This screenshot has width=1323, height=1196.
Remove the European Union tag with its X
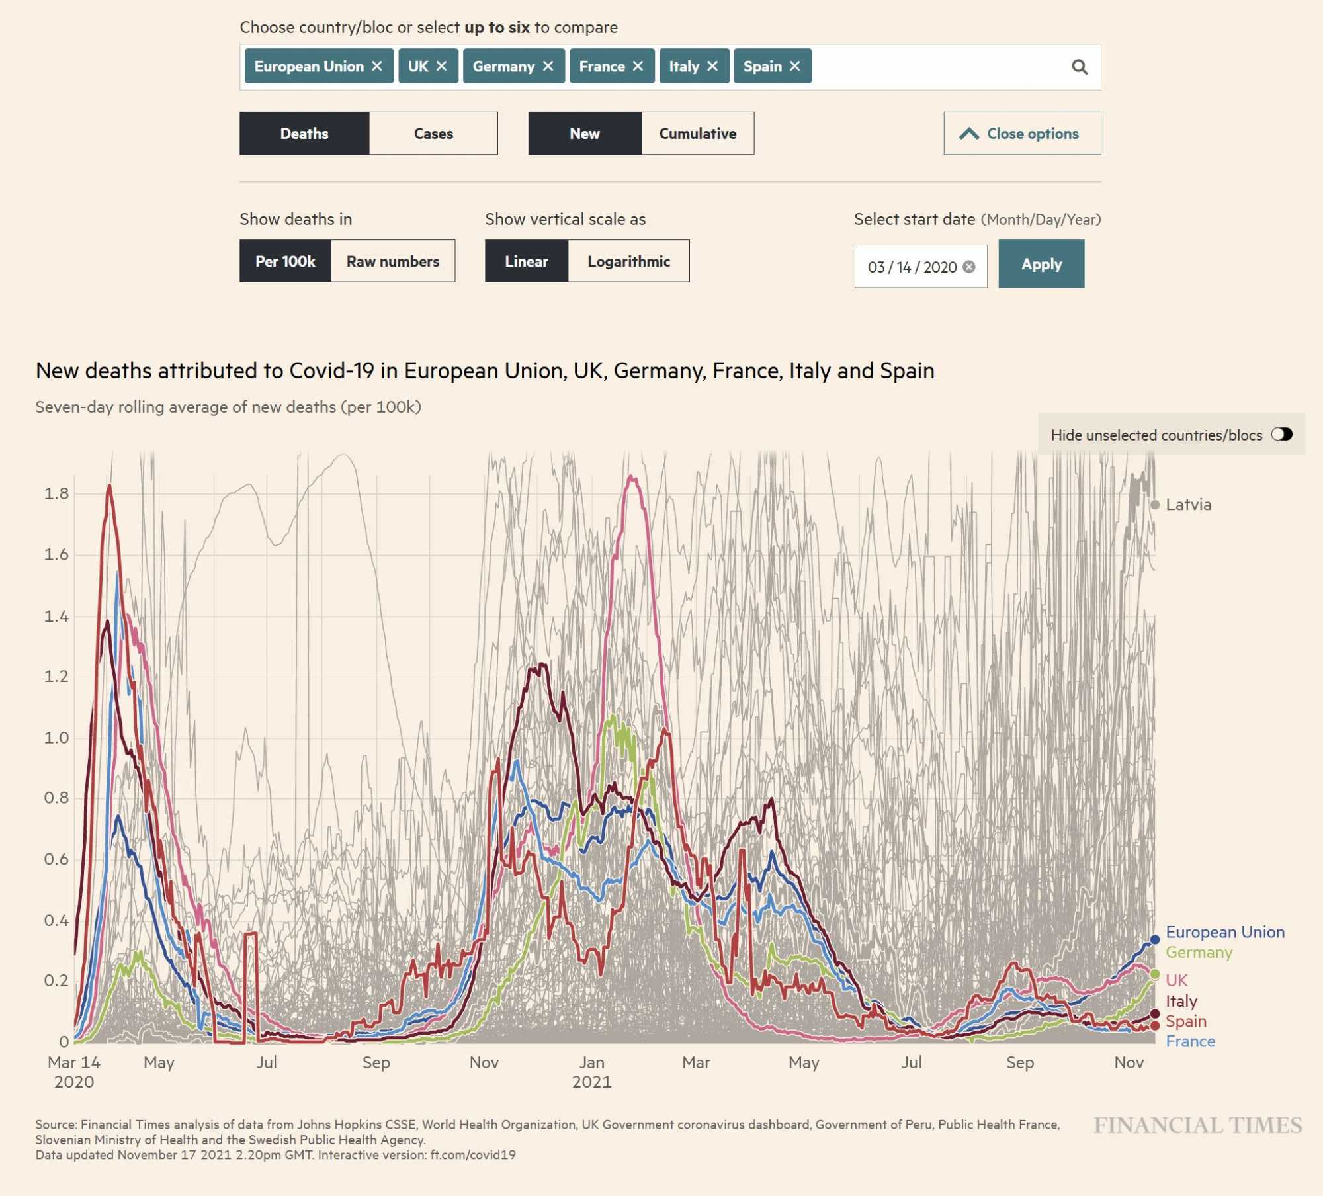click(x=377, y=66)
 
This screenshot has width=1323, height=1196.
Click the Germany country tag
click(x=503, y=66)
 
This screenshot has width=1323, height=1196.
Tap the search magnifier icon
click(x=1080, y=67)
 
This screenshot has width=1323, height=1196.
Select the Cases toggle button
click(x=433, y=134)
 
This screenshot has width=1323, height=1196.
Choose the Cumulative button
click(x=697, y=134)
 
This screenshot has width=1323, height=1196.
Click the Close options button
click(x=1022, y=134)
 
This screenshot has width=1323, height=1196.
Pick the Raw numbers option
click(x=393, y=261)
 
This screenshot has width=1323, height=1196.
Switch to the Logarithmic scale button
click(x=628, y=261)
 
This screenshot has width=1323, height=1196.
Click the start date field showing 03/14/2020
click(x=912, y=267)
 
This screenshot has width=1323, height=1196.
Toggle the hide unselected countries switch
click(x=1281, y=434)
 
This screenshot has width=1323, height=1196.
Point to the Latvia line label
click(x=1188, y=505)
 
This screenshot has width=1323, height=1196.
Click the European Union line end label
click(x=1224, y=932)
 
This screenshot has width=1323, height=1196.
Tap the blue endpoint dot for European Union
click(x=1155, y=939)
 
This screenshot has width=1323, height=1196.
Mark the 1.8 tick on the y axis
click(x=56, y=493)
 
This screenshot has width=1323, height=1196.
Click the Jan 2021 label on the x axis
click(x=591, y=1072)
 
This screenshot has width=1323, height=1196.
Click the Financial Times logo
click(x=1197, y=1125)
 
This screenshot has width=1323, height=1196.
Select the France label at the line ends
click(x=1190, y=1041)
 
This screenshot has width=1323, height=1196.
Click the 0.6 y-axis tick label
click(x=56, y=859)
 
